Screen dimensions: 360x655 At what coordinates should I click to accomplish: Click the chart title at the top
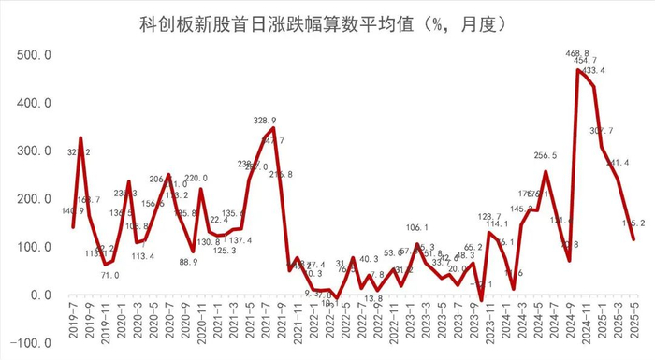[x=327, y=22]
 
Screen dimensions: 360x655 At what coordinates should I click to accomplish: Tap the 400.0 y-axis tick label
[x=33, y=103]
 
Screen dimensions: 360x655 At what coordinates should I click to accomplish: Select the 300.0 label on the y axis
[x=33, y=151]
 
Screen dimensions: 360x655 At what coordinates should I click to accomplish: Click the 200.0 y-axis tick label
[x=33, y=199]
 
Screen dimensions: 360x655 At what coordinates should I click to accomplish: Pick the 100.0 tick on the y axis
[x=33, y=247]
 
